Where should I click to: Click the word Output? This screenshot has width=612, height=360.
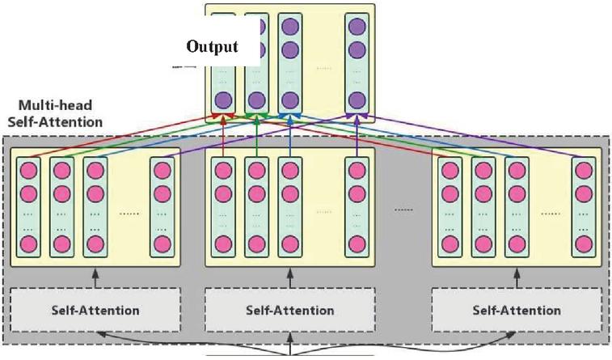click(212, 46)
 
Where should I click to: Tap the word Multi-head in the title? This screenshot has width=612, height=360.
click(56, 105)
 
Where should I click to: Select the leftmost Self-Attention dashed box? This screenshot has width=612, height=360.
click(95, 310)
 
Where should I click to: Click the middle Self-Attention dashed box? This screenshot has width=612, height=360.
click(290, 310)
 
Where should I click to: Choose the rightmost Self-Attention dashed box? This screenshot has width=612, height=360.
click(517, 310)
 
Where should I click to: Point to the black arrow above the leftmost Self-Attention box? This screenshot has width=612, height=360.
click(95, 277)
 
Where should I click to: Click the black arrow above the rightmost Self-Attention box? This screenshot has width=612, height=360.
click(517, 277)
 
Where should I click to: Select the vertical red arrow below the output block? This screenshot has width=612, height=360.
click(223, 136)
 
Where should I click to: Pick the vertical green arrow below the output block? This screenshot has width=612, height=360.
click(256, 136)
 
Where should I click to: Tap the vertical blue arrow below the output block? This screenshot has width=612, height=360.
click(290, 136)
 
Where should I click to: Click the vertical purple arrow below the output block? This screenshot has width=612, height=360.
click(357, 136)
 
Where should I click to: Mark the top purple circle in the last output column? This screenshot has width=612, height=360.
click(357, 27)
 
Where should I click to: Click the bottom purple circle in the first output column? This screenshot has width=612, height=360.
click(223, 100)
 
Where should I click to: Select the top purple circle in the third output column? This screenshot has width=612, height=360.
click(290, 27)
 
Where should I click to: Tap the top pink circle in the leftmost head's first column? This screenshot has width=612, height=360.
click(28, 171)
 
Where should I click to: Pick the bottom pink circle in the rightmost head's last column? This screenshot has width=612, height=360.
click(584, 244)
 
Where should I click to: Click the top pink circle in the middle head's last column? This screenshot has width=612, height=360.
click(357, 171)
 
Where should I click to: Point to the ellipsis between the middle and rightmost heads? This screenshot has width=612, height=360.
click(403, 210)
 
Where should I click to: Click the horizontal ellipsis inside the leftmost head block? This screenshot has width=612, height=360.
click(129, 214)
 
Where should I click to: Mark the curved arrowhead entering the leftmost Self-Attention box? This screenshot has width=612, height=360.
click(101, 334)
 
